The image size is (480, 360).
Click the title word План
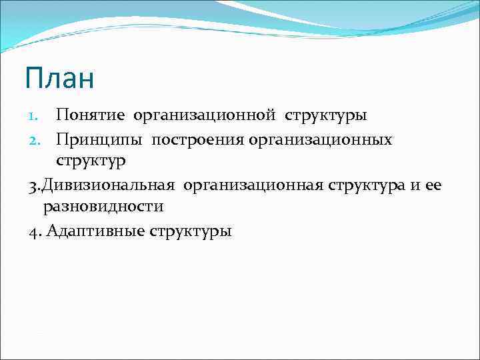click(60, 78)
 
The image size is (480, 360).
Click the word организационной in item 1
click(204, 116)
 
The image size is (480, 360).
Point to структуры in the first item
click(326, 116)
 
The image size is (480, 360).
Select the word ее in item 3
click(433, 185)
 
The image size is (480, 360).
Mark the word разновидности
click(103, 207)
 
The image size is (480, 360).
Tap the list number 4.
click(34, 231)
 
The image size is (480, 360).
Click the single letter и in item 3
click(415, 185)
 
